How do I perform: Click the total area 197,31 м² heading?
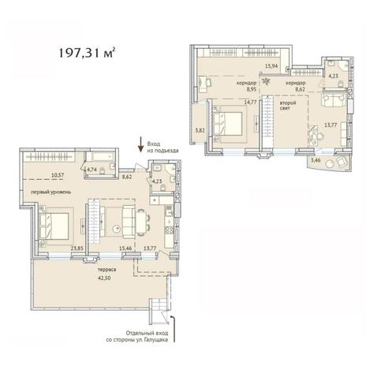tap(87, 53)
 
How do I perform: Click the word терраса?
tap(106, 270)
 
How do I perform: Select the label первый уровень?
tap(51, 192)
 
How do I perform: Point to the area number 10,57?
tap(57, 174)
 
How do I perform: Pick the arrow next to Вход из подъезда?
tap(141, 144)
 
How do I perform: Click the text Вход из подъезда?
tap(162, 148)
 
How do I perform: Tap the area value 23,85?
tap(77, 248)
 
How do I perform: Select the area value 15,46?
tap(125, 248)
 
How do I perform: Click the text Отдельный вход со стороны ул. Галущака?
tap(137, 336)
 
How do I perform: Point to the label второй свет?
tap(288, 105)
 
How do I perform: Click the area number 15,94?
tap(271, 66)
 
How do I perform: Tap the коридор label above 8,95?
tap(246, 83)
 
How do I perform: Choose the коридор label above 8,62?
tap(296, 83)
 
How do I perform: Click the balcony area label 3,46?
tap(316, 160)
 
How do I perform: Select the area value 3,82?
tap(200, 129)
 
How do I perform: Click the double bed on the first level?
tap(54, 226)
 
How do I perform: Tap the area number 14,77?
tap(250, 103)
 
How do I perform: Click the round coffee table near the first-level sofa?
tap(117, 230)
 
